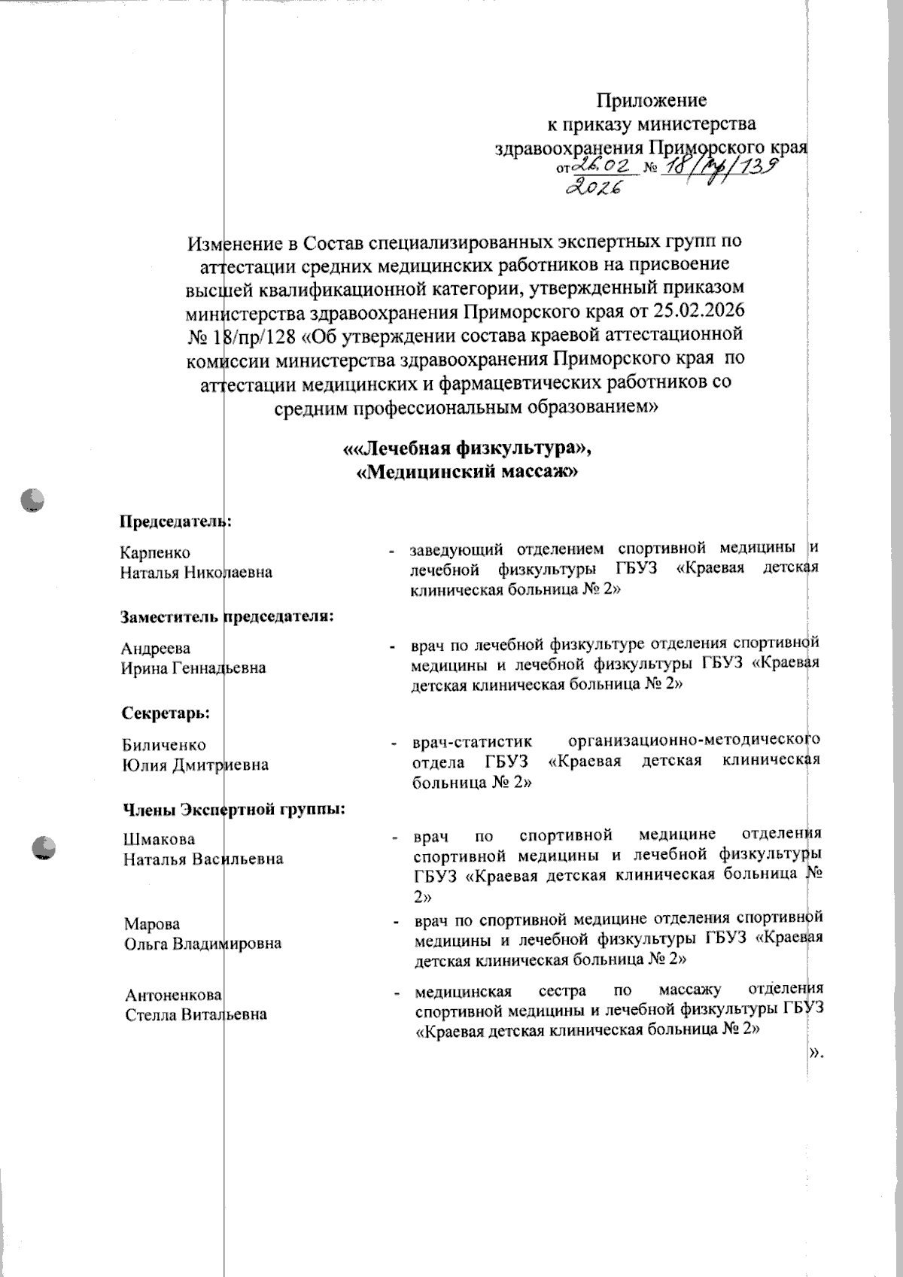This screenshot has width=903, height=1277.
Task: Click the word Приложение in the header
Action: click(x=651, y=100)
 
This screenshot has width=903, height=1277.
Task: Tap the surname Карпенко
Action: click(x=156, y=553)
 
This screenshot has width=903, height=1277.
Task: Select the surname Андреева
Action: click(x=156, y=648)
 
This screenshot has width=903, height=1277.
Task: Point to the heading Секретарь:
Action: click(x=166, y=712)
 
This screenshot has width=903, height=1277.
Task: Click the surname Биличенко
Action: click(x=164, y=745)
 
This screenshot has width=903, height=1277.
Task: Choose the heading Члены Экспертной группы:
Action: click(x=234, y=810)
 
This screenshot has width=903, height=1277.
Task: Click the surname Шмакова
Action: click(x=159, y=839)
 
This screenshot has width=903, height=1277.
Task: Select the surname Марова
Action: click(x=152, y=924)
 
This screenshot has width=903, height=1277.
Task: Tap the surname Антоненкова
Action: click(x=173, y=995)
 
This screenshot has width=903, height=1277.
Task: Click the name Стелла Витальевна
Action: click(x=196, y=1014)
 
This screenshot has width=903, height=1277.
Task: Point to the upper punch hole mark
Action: click(x=33, y=500)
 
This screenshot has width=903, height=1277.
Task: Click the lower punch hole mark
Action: click(x=44, y=848)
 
